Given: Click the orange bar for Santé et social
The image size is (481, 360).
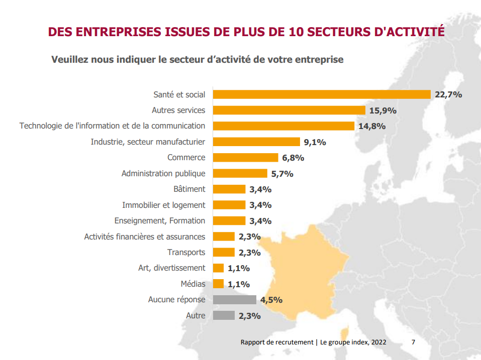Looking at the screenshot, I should (322, 94).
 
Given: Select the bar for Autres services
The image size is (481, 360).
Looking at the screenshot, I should (289, 110).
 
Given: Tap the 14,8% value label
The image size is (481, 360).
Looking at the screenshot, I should (372, 126).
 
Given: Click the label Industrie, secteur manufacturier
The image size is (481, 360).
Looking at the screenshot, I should (148, 142).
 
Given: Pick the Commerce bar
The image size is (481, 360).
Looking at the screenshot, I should (245, 158).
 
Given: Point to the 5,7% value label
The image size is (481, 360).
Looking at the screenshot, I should (282, 174).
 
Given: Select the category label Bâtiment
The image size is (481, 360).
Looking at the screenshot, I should (189, 189).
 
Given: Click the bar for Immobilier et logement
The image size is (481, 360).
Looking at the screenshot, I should (229, 205).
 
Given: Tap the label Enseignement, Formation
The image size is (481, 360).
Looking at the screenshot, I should (159, 220).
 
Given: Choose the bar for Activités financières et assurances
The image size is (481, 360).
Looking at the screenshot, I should (224, 236).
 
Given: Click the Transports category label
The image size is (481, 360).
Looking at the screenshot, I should (186, 252).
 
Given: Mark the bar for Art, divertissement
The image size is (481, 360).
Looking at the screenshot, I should (218, 268).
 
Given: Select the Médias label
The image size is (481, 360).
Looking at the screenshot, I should (193, 284).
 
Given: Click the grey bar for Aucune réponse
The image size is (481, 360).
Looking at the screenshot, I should (235, 300).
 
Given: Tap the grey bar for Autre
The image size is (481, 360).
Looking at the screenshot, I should (224, 315).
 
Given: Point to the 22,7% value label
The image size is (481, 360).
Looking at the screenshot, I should (448, 94).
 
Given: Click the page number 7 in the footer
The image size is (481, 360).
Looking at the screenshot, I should (413, 342).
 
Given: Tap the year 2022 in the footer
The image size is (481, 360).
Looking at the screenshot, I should (378, 342).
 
